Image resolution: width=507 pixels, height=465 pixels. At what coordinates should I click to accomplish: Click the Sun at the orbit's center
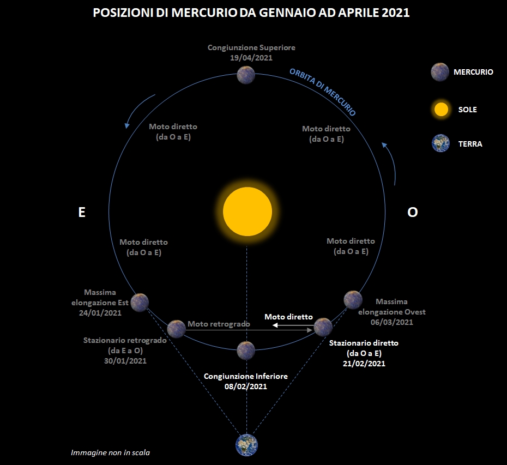tap(248, 212)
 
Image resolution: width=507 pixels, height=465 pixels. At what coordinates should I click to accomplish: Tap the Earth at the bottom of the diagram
tap(247, 445)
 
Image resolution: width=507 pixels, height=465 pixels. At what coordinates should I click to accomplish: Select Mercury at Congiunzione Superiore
tap(246, 75)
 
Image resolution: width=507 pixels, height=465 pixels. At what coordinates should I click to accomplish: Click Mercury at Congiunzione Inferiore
tap(246, 351)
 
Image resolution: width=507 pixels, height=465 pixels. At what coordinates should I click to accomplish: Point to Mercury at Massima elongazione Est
tap(140, 303)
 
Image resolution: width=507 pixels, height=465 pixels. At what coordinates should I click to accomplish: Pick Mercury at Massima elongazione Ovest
tap(353, 300)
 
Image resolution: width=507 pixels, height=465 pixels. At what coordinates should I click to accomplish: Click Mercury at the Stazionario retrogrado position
tap(176, 329)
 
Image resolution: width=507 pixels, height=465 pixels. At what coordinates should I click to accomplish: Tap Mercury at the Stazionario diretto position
tap(323, 327)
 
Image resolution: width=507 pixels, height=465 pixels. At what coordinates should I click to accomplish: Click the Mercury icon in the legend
tap(440, 72)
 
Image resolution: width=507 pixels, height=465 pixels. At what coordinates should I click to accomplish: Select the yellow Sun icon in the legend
tap(441, 109)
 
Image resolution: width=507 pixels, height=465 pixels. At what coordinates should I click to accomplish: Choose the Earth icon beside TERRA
tap(440, 143)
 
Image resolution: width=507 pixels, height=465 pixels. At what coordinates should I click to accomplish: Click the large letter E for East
tap(82, 212)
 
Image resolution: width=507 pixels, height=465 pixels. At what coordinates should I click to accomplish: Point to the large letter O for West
tap(413, 212)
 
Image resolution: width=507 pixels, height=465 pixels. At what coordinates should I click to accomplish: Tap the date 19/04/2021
tap(251, 58)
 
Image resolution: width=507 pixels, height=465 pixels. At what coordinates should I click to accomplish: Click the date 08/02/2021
tap(246, 387)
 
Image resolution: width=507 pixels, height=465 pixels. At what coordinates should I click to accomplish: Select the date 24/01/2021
tap(100, 313)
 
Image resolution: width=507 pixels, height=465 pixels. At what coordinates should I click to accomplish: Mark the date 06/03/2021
tap(392, 322)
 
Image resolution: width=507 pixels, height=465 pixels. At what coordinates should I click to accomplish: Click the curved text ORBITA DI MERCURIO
tap(323, 92)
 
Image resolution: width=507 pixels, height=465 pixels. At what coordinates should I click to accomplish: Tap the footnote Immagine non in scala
tap(110, 452)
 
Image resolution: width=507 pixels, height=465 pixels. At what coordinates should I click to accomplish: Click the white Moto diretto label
tap(289, 317)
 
